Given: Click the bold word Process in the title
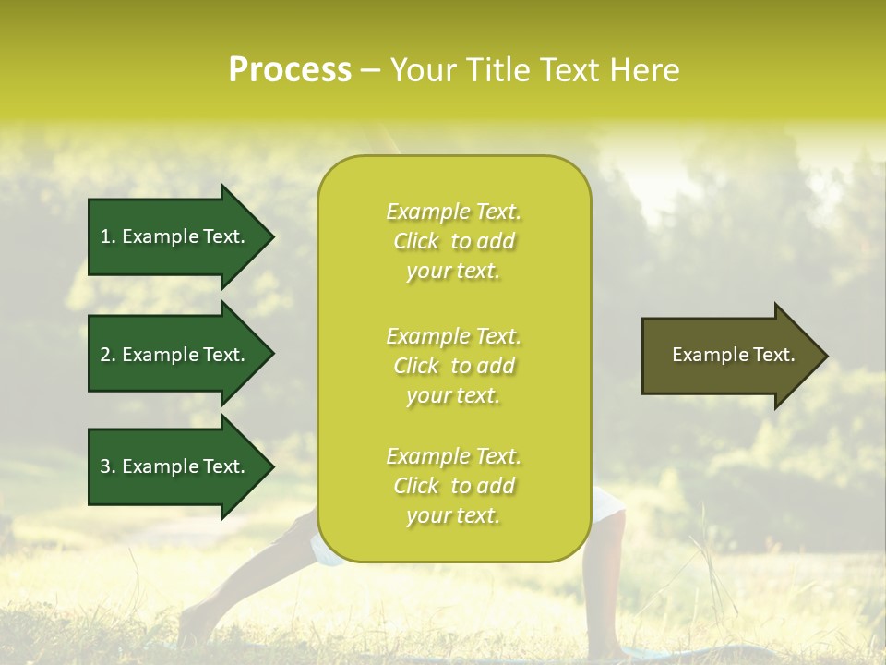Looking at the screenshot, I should click(x=290, y=70).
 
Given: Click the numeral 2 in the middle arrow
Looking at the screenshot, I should click(x=105, y=355).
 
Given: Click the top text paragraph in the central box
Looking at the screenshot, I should click(x=453, y=241).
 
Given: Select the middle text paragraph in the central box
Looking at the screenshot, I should click(x=453, y=366).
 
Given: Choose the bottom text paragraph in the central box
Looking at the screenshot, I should click(x=453, y=486).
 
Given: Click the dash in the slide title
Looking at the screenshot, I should click(x=371, y=71).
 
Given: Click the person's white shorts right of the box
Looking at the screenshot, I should click(x=608, y=504).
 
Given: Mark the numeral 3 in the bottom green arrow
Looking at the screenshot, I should click(x=105, y=466).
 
